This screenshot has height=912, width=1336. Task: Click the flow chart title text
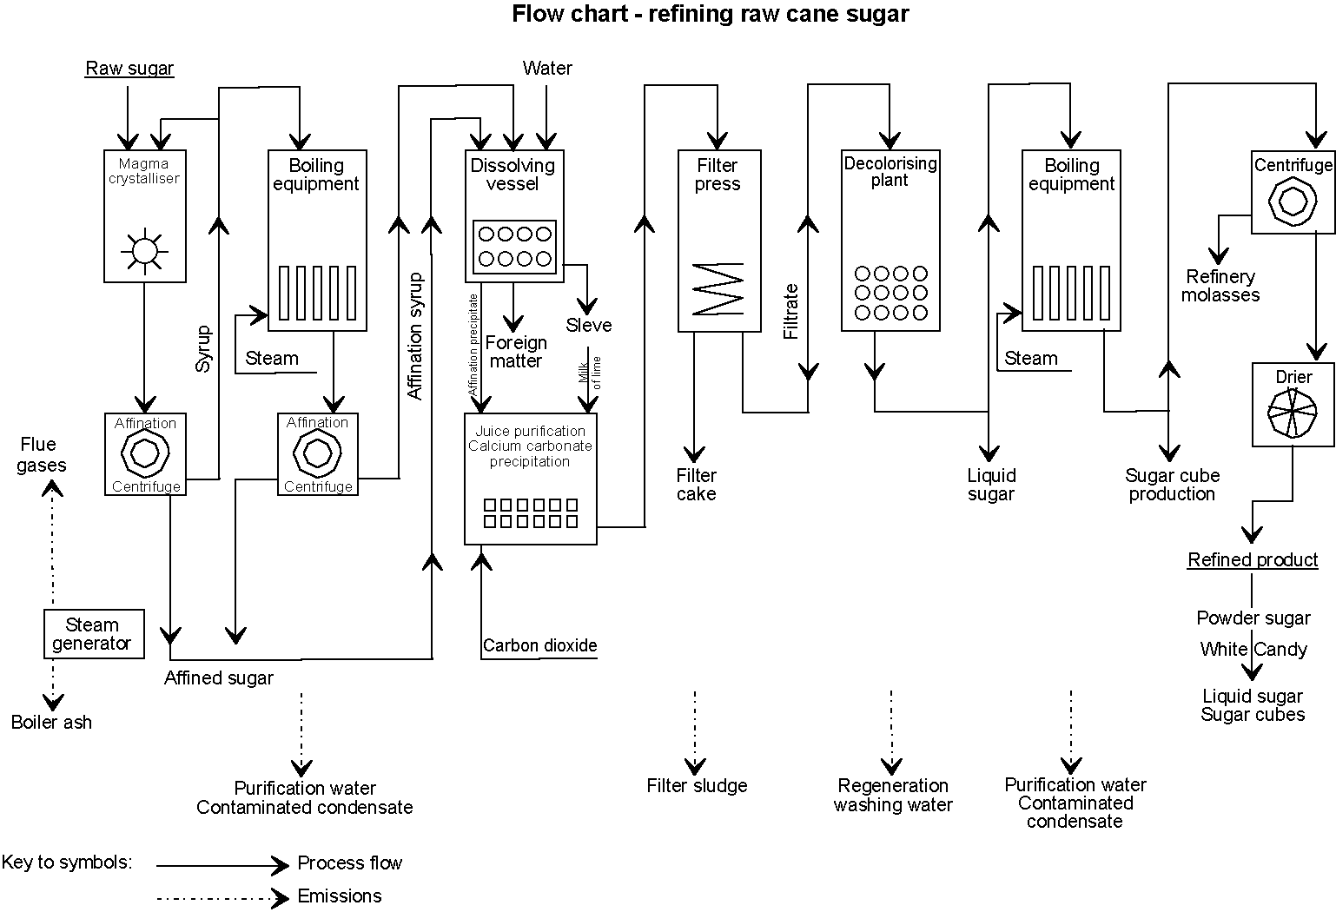click(x=710, y=14)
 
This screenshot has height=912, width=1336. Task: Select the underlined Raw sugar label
click(x=129, y=69)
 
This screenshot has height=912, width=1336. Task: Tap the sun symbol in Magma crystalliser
click(x=144, y=227)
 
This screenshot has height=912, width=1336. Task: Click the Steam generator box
click(x=93, y=634)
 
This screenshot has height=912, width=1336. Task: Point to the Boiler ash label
click(x=51, y=722)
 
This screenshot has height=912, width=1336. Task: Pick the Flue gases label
click(x=41, y=455)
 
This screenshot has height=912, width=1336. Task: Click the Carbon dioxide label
click(x=539, y=645)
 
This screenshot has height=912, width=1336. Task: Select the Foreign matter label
click(x=516, y=352)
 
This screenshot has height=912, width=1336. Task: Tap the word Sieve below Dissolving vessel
click(x=589, y=326)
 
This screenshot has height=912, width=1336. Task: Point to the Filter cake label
click(x=697, y=485)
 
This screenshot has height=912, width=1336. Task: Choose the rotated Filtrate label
click(x=790, y=311)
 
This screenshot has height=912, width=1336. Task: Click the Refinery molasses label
click(x=1220, y=286)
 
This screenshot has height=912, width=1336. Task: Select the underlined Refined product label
click(x=1253, y=560)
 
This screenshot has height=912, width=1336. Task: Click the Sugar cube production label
click(x=1172, y=485)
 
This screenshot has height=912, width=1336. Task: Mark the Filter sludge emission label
click(x=697, y=786)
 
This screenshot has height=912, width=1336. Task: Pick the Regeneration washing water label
click(x=893, y=795)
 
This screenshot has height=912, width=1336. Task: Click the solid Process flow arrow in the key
click(x=222, y=865)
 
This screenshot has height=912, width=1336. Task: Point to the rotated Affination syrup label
click(x=415, y=336)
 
